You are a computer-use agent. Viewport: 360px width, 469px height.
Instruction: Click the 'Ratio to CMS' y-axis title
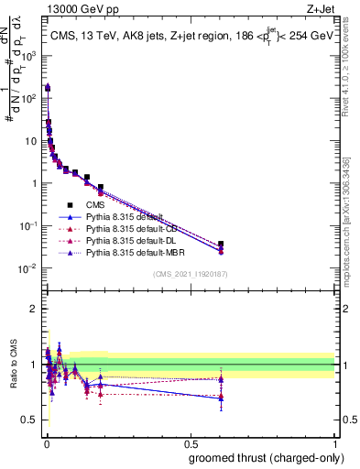coord(13,365)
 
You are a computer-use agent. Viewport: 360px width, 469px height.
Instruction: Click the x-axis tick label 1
coord(334,442)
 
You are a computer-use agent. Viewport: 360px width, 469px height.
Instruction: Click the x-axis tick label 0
coord(46,442)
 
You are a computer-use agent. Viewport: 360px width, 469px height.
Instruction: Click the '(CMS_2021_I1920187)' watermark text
coord(191,273)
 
